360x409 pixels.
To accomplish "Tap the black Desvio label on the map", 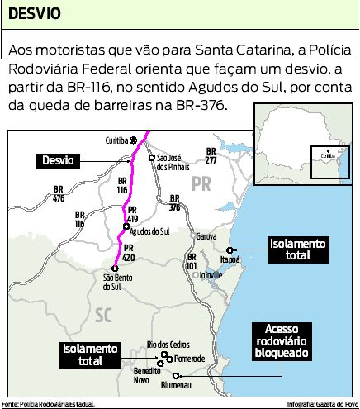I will tap(56, 160).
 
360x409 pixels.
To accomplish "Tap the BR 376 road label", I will tap(174, 202).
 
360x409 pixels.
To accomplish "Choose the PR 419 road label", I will tap(134, 216).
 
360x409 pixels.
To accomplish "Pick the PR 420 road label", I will tap(128, 252).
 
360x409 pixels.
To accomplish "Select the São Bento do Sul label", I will tap(116, 282).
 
